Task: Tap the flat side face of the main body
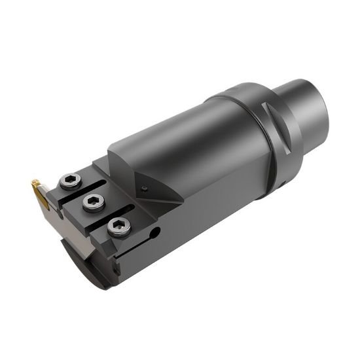216,196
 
